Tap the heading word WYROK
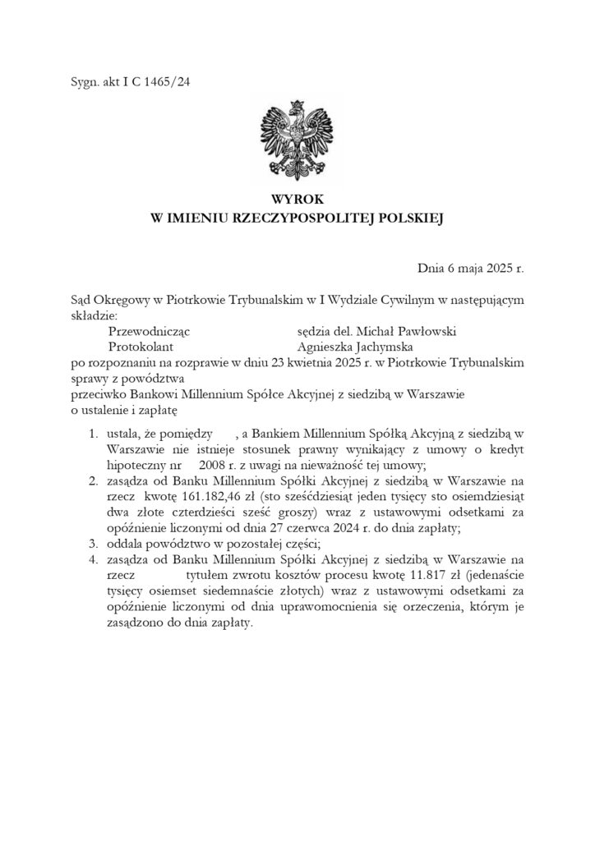[x=297, y=200]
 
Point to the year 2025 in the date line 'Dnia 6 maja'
[x=495, y=269]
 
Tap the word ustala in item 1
[x=123, y=433]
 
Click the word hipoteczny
[x=136, y=465]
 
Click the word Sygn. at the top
[x=85, y=80]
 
